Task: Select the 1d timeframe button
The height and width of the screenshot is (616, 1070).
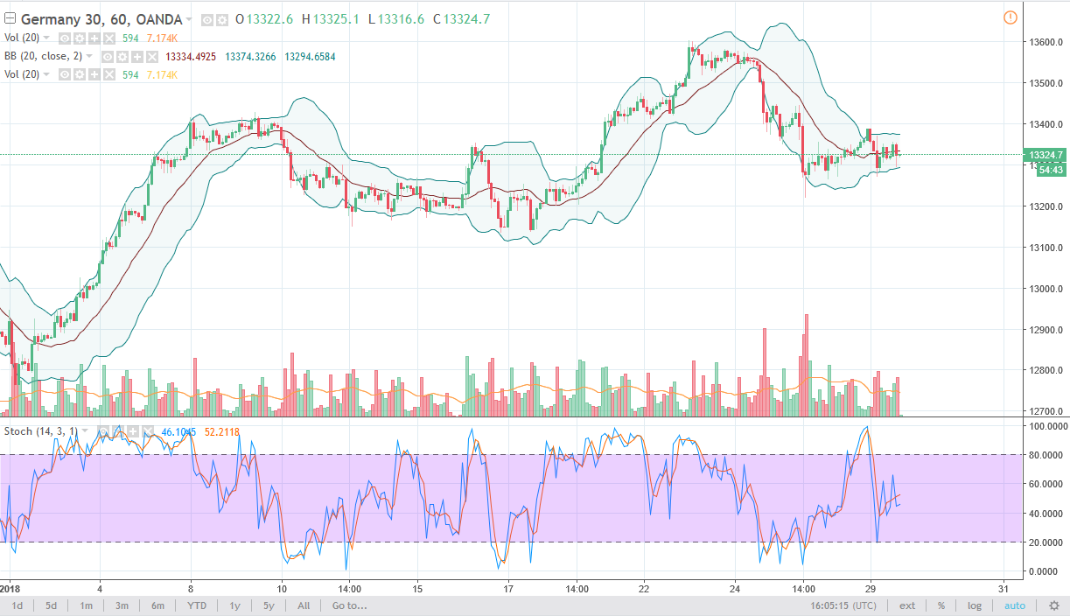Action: (x=17, y=605)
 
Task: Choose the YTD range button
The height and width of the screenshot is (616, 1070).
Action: (x=197, y=605)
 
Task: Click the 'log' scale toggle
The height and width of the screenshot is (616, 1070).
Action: (x=975, y=605)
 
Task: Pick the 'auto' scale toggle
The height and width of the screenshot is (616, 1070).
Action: (x=1015, y=605)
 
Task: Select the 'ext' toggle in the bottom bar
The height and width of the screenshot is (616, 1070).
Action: (x=907, y=605)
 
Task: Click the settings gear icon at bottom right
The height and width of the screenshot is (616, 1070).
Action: (x=1053, y=605)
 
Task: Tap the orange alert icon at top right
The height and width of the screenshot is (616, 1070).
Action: (x=1011, y=17)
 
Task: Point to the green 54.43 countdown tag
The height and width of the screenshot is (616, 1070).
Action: (x=1050, y=170)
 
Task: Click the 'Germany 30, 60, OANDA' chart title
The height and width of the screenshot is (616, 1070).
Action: (x=101, y=19)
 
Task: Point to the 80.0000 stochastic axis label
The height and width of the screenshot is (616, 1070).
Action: (x=1046, y=455)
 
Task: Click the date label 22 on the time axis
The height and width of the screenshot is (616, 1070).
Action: (x=644, y=588)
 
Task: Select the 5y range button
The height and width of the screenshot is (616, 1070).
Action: (x=269, y=605)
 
